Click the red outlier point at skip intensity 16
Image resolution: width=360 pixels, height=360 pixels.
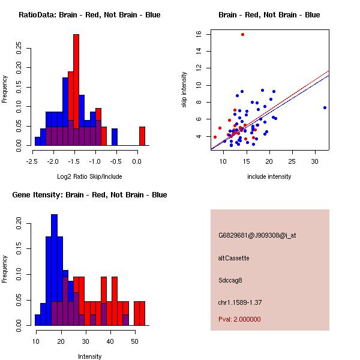pyautogui.click(x=242, y=34)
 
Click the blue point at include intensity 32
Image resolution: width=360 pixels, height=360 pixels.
pyautogui.click(x=325, y=108)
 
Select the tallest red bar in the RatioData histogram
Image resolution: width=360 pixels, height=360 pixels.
pyautogui.click(x=76, y=90)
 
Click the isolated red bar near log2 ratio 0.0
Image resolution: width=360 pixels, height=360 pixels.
pyautogui.click(x=142, y=136)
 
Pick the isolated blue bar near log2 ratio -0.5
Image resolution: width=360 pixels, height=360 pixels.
pyautogui.click(x=115, y=137)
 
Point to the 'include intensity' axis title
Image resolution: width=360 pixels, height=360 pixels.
pyautogui.click(x=269, y=176)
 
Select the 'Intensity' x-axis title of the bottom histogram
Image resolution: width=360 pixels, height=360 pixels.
pyautogui.click(x=89, y=356)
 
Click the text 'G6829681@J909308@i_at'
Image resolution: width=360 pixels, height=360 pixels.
pyautogui.click(x=257, y=235)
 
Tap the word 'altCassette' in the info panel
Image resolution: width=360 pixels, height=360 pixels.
pyautogui.click(x=233, y=258)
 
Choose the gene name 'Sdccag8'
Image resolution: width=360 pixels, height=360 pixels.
pyautogui.click(x=231, y=280)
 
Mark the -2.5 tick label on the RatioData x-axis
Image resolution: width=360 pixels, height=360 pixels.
pyautogui.click(x=33, y=161)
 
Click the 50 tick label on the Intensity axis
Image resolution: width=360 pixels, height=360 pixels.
pyautogui.click(x=134, y=341)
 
